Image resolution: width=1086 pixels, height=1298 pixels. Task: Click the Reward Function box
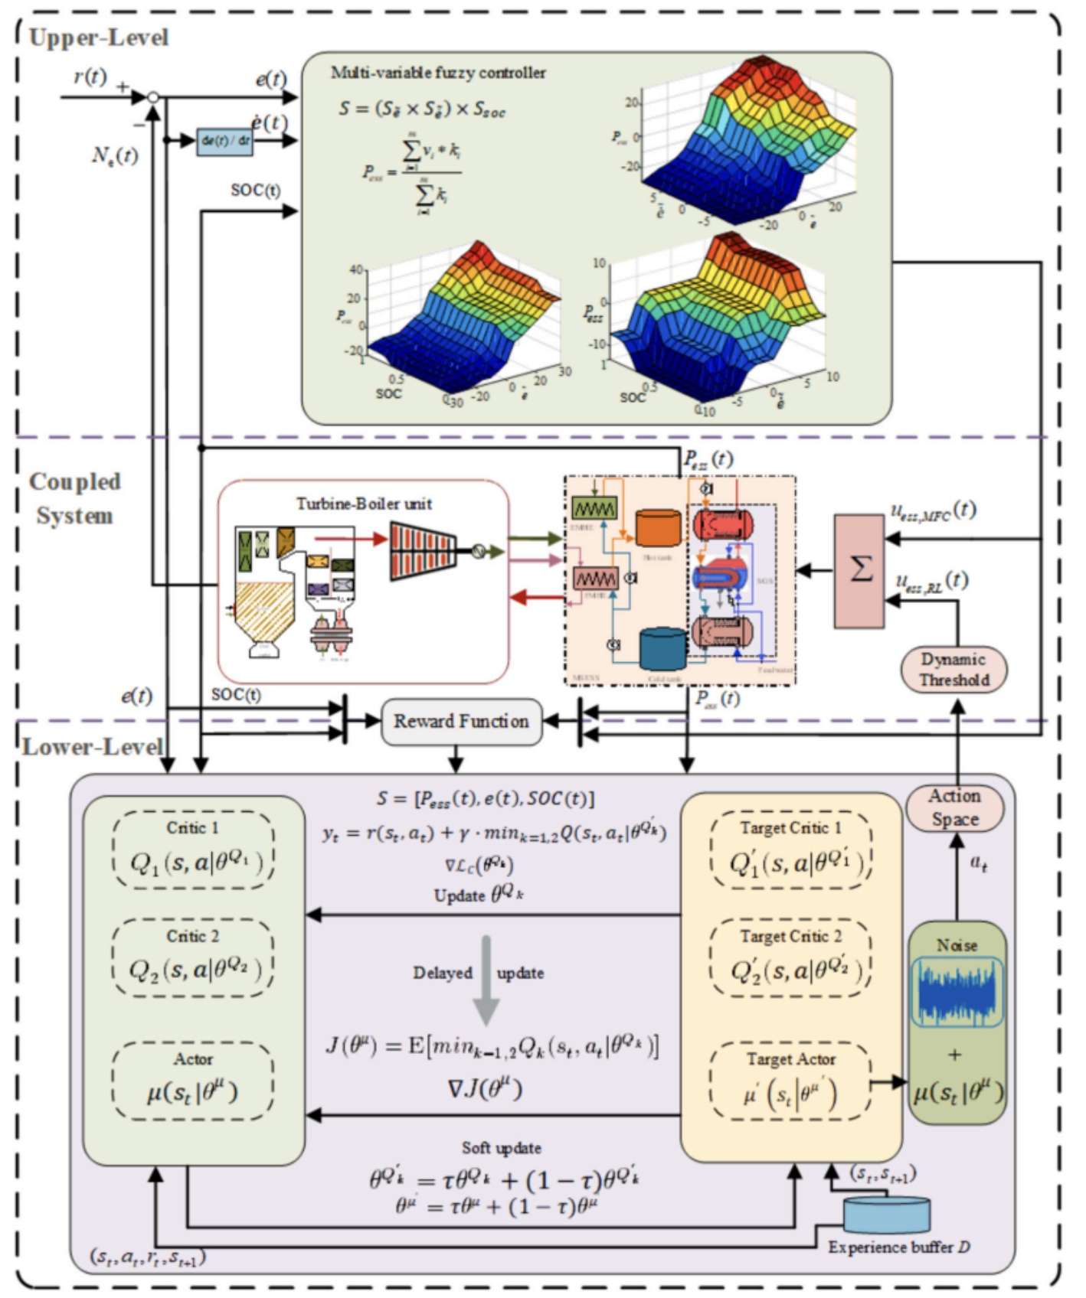tap(461, 721)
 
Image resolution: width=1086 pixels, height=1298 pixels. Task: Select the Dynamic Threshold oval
tap(954, 670)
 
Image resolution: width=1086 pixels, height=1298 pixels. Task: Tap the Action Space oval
tap(954, 807)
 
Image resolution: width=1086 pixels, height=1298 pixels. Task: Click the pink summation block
tap(859, 571)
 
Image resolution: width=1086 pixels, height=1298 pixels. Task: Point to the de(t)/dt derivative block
tap(224, 141)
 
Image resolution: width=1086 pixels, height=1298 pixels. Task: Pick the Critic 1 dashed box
tap(193, 850)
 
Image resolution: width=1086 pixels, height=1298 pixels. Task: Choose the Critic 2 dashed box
tap(193, 958)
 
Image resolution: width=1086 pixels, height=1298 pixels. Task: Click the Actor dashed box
tap(193, 1081)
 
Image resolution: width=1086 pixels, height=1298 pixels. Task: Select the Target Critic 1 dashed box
tap(790, 850)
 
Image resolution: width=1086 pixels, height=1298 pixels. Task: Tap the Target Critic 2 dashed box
tap(790, 958)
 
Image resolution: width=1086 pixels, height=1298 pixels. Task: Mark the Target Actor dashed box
tap(790, 1081)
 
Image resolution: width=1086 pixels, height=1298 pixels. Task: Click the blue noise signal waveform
tap(957, 992)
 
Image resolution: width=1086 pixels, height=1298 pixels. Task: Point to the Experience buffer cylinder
tap(887, 1215)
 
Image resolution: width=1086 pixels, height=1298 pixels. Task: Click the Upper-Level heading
tap(98, 38)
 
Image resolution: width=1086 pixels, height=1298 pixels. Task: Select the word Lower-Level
tap(92, 747)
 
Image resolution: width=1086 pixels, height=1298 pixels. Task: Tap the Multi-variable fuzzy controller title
tap(438, 73)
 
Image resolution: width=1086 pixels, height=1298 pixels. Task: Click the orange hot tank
tap(659, 528)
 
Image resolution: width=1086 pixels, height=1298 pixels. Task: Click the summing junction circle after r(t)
tap(153, 97)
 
